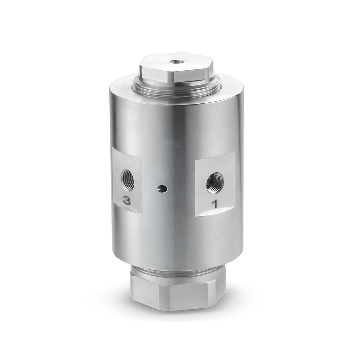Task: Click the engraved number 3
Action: (x=127, y=201)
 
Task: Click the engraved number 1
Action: (x=214, y=204)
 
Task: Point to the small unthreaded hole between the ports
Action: (x=162, y=189)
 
